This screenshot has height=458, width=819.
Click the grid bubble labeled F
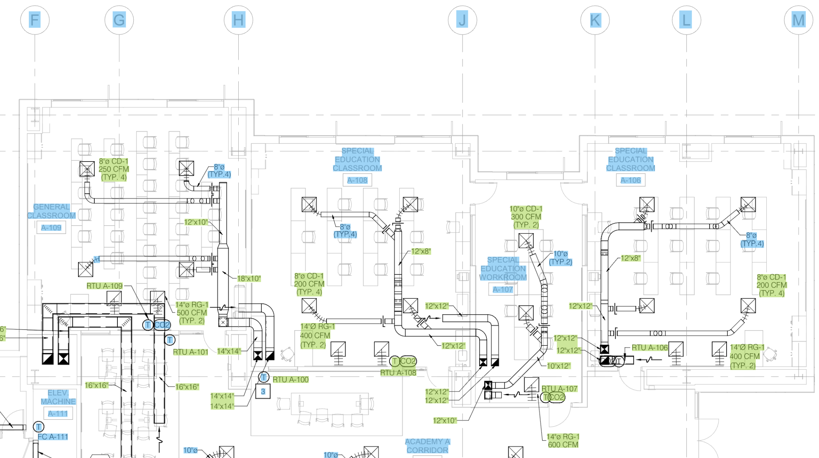click(35, 20)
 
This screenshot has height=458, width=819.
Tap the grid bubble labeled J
click(462, 20)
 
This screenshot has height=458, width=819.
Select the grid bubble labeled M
click(799, 20)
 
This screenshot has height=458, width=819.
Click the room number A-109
click(51, 228)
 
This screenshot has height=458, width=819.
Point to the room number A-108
click(357, 180)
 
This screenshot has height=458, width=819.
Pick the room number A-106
click(631, 180)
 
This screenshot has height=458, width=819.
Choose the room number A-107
click(503, 290)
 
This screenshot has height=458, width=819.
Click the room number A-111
click(58, 414)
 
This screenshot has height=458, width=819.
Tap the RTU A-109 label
click(105, 286)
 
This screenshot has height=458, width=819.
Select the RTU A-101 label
click(191, 352)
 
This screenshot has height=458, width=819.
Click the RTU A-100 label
click(291, 380)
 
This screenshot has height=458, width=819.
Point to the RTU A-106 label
click(650, 348)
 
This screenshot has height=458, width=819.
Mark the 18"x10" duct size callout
click(249, 279)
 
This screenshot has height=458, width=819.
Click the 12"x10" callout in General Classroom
click(196, 222)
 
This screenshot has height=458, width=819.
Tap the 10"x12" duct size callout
click(558, 366)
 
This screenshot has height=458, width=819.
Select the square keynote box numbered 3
click(263, 392)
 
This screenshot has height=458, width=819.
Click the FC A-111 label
click(53, 437)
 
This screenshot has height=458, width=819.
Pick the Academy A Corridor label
click(427, 446)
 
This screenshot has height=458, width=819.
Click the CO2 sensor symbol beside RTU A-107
click(556, 397)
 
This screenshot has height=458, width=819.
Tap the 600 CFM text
click(563, 445)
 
